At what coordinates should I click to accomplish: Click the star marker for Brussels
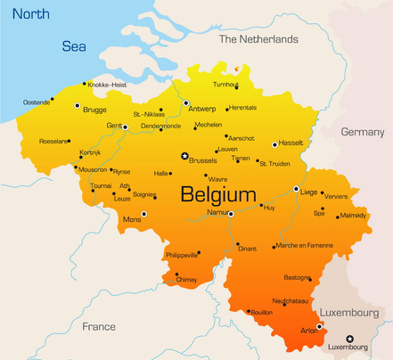tap(184, 156)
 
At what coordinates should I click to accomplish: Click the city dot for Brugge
tap(77, 105)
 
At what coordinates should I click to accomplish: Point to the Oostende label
tap(37, 102)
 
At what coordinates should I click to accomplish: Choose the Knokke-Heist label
tap(107, 85)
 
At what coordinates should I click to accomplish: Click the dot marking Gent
tap(125, 127)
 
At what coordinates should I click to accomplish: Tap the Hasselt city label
tap(291, 143)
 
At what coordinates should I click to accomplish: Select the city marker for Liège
tap(296, 189)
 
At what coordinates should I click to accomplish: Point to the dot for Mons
tap(144, 214)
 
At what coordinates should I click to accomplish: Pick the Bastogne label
tap(297, 277)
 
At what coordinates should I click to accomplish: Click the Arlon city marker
tap(319, 326)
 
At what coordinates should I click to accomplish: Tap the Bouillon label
tap(261, 313)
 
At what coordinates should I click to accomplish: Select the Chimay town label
tap(186, 280)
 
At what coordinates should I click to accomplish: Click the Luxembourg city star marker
tap(349, 338)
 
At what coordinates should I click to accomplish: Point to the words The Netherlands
tap(258, 40)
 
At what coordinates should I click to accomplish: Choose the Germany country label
tap(362, 132)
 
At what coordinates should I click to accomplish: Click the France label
tap(99, 327)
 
